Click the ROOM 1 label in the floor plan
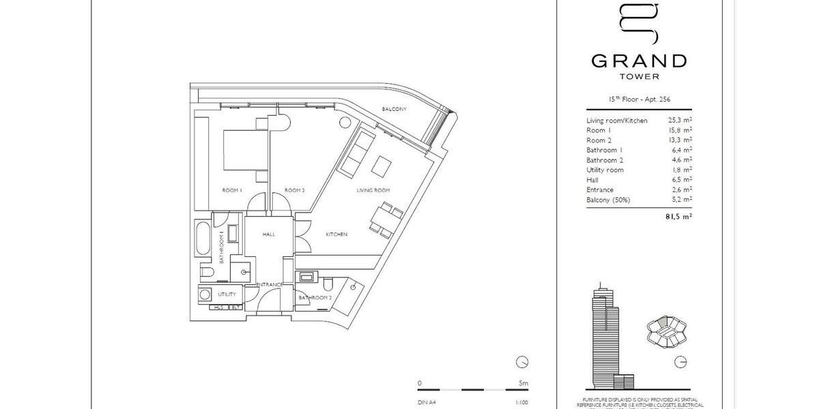click(232, 190)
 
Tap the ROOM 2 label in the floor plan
click(294, 190)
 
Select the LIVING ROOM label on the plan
click(373, 190)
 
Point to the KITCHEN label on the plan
click(336, 234)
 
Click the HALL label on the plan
click(269, 234)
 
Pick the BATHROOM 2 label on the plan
click(315, 298)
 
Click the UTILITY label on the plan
click(227, 294)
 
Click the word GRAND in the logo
click(638, 61)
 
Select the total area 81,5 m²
click(679, 217)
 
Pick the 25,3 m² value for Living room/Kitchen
click(680, 121)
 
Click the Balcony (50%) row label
click(608, 200)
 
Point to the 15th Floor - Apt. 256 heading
click(639, 100)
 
